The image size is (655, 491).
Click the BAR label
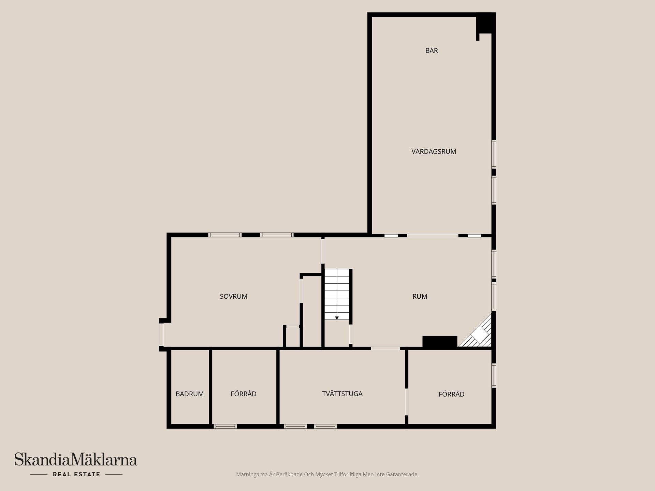click(x=432, y=50)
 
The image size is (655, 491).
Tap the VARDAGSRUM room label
click(x=434, y=151)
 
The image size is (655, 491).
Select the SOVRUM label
click(x=234, y=296)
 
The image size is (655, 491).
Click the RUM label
click(x=420, y=296)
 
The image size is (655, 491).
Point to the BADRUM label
click(x=190, y=394)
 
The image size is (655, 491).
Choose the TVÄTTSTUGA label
click(x=342, y=393)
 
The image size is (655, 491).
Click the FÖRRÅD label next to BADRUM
click(x=244, y=394)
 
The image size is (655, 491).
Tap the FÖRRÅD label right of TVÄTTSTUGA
click(x=451, y=394)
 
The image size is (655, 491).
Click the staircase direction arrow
click(x=337, y=318)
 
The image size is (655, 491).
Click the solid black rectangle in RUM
click(x=440, y=342)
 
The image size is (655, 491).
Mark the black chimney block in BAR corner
click(x=486, y=23)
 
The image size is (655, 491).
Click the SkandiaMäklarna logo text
click(x=76, y=460)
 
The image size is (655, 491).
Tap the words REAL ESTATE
click(x=76, y=474)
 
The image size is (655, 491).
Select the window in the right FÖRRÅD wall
click(x=494, y=375)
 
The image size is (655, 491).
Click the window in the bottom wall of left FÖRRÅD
click(x=225, y=426)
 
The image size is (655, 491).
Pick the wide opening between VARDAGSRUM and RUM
click(x=433, y=236)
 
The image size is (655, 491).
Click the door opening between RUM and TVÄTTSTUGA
click(x=385, y=348)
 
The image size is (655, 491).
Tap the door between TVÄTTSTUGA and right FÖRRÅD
click(x=407, y=402)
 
